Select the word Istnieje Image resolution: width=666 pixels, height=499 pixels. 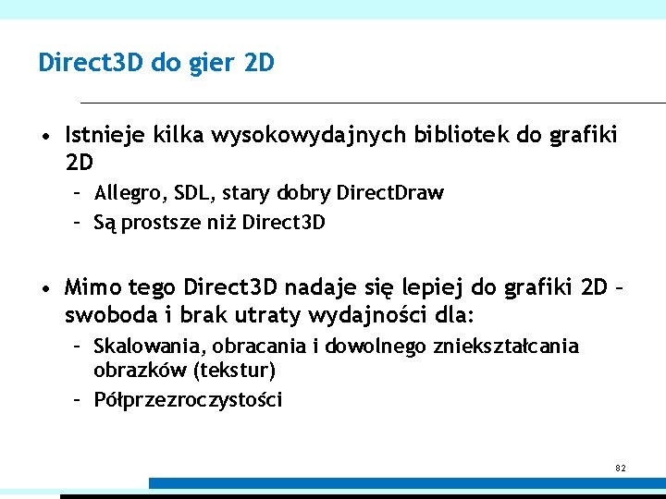(102, 136)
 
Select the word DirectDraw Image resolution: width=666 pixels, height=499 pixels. (389, 193)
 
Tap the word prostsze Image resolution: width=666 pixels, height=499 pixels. (165, 223)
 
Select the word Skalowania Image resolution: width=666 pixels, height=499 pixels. (151, 347)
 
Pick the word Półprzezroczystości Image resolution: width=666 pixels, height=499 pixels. (188, 400)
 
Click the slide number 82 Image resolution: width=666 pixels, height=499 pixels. (621, 469)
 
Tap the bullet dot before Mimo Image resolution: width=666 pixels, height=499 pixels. (44, 289)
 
